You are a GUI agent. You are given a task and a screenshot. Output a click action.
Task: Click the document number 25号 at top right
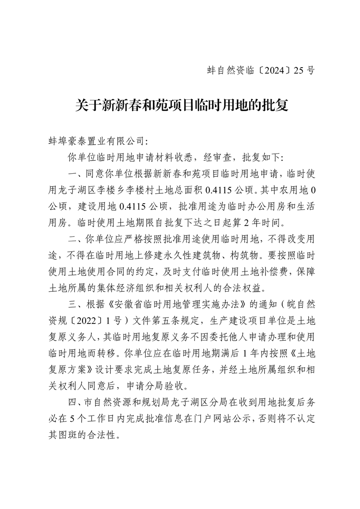pyautogui.click(x=304, y=70)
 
